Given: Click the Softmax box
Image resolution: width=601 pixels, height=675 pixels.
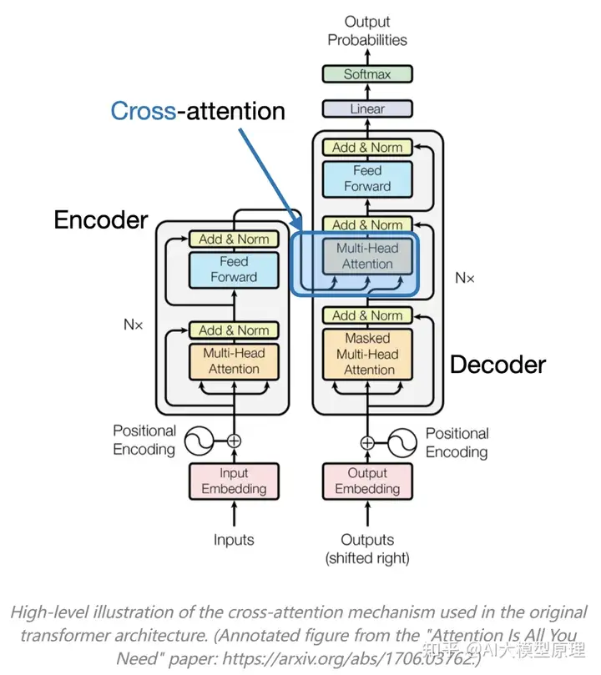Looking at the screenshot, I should point(367,74).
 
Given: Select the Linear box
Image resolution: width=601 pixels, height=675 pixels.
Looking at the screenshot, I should point(367,108).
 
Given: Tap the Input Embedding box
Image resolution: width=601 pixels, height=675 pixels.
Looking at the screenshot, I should point(234,481).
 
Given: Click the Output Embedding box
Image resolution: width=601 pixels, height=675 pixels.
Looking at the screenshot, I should point(367,481).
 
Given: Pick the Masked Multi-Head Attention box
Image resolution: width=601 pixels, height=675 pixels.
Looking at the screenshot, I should point(367,354).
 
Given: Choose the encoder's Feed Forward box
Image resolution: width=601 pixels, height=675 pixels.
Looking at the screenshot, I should point(234,269).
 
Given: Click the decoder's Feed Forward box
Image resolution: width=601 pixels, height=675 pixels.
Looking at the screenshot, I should point(367,179).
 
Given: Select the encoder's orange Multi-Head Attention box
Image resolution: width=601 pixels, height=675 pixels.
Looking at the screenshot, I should point(234,361).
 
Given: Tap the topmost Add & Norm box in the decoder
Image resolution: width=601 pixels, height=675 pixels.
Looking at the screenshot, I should point(367,147).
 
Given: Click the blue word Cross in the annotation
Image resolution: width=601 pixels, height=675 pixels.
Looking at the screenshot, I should point(143,111).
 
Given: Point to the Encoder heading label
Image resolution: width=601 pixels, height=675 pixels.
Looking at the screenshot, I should point(101,220).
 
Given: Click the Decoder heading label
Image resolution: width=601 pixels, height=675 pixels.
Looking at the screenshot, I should point(498,365).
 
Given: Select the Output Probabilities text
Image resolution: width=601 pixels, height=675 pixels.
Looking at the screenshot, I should point(367,31).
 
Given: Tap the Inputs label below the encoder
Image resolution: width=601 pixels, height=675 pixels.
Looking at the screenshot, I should point(234,540).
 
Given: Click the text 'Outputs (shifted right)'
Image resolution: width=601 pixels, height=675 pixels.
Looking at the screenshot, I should point(367,549).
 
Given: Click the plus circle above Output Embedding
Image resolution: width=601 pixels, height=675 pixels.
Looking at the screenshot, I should point(367,442).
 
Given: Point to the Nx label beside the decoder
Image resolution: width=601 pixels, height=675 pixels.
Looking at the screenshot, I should point(465,278).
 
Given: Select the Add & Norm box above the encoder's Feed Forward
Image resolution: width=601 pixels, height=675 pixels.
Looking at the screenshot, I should point(234,239).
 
